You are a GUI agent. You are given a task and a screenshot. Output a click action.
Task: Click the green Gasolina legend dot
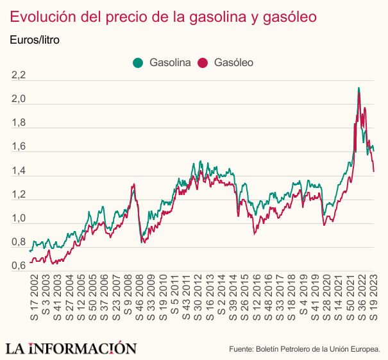click(x=138, y=63)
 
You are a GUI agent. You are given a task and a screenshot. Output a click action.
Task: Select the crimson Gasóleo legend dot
click(x=204, y=63)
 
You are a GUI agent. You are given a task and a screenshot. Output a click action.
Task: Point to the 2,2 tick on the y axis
click(x=19, y=76)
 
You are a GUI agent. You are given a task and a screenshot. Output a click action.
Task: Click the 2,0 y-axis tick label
click(x=19, y=100)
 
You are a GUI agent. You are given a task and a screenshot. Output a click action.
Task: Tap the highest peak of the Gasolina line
click(x=358, y=88)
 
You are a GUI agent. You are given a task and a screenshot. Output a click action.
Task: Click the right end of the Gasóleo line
click(x=374, y=171)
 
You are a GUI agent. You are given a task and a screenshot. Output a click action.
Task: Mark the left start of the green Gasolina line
click(x=30, y=251)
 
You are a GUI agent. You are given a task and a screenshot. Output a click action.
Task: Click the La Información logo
click(x=71, y=348)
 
